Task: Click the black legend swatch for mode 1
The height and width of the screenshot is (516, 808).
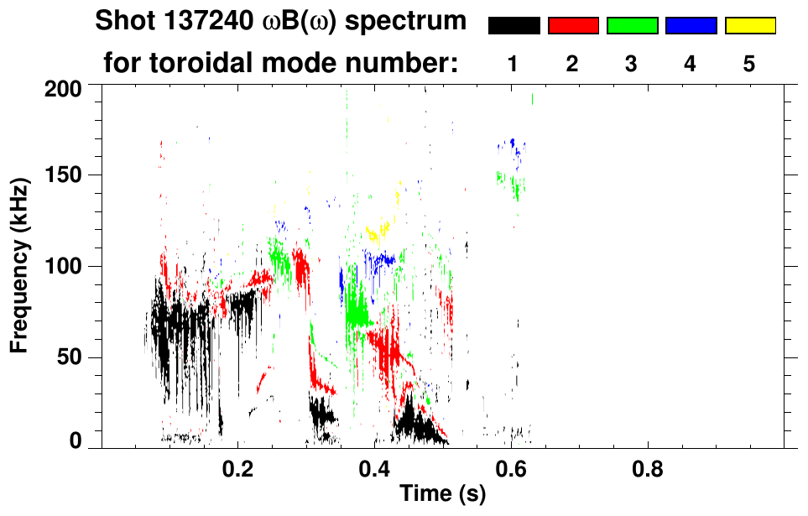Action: coord(513,26)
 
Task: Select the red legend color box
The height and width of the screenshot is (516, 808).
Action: coord(573,26)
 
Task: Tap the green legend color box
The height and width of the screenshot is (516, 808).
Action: coord(632,26)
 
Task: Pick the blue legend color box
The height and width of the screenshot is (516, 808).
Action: coord(691,26)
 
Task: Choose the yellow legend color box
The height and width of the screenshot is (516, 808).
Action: coord(750,26)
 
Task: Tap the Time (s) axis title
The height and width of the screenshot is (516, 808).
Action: coord(442,494)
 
